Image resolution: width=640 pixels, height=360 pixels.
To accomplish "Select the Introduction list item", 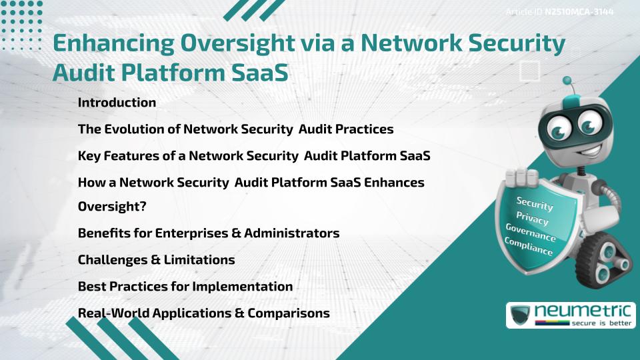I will (117, 103).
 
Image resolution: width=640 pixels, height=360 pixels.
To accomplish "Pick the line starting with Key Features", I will (253, 155).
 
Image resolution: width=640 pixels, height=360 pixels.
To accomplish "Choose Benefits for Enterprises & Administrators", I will (209, 233).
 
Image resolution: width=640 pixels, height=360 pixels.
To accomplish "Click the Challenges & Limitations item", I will (156, 260).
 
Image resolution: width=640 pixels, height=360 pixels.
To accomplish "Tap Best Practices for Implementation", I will (185, 286).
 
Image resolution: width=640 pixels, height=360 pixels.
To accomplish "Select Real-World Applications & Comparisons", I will (203, 313).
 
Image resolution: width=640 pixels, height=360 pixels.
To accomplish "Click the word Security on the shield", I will (535, 204).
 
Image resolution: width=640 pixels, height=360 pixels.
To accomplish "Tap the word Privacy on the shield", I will (532, 219).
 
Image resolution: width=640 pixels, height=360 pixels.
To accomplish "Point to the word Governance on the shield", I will (530, 234).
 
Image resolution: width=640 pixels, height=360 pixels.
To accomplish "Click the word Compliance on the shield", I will (528, 248).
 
